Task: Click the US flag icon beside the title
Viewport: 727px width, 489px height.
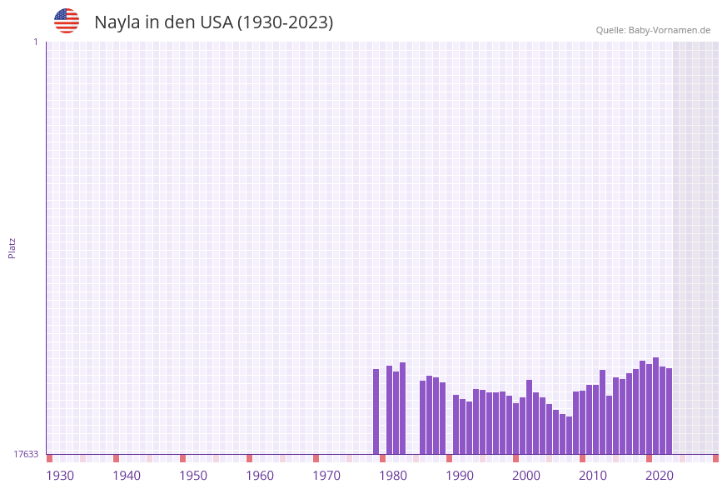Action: (x=67, y=21)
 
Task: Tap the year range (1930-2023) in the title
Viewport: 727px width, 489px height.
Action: (x=285, y=22)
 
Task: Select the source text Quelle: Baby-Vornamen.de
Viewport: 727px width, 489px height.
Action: (x=653, y=30)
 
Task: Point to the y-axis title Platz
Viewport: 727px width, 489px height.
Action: (x=12, y=247)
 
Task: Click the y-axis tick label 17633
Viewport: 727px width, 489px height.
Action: (x=26, y=454)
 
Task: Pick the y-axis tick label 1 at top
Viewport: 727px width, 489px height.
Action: (x=35, y=42)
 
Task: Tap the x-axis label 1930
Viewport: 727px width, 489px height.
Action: (x=60, y=476)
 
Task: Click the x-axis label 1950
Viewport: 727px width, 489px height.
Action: (x=193, y=476)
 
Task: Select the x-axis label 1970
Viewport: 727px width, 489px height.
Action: (x=326, y=476)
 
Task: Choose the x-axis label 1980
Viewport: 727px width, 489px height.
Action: (x=393, y=476)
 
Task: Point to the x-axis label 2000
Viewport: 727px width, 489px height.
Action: (x=526, y=476)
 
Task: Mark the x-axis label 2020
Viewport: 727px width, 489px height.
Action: (x=660, y=476)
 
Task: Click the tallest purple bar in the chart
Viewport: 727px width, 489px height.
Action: (x=656, y=406)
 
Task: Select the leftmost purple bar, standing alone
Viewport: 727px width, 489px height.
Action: (x=376, y=412)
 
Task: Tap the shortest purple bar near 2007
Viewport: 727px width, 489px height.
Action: (x=570, y=435)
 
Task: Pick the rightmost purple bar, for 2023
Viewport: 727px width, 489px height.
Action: (x=670, y=411)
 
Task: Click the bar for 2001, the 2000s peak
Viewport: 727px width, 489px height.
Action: (x=530, y=417)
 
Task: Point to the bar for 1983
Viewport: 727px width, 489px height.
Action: (x=403, y=408)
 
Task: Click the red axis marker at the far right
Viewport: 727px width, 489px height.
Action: (x=715, y=458)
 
